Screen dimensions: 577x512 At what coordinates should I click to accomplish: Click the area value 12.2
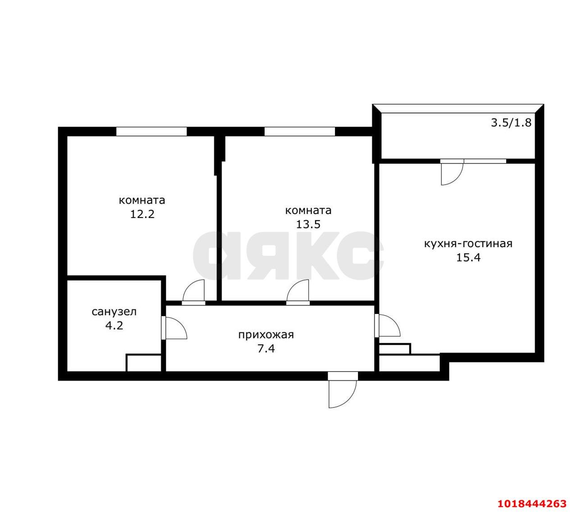pos(142,214)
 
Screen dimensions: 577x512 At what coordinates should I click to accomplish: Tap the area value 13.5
pos(308,224)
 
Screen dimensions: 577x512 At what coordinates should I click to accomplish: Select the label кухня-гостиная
pos(468,244)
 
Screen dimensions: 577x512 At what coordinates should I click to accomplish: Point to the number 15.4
pos(468,257)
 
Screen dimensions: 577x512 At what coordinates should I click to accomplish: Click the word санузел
pos(114,312)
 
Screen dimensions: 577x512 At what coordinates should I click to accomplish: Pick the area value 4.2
pos(114,325)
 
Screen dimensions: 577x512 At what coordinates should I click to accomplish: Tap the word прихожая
pos(266,335)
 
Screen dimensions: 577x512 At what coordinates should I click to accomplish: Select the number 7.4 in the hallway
pos(266,349)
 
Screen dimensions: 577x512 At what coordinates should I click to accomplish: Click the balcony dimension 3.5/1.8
pos(511,122)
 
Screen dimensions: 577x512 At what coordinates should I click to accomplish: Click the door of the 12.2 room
pos(194,292)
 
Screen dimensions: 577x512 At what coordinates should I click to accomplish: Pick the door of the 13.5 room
pos(298,292)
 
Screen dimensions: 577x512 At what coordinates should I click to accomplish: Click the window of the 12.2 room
pos(151,131)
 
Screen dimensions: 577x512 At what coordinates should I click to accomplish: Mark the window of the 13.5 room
pos(300,131)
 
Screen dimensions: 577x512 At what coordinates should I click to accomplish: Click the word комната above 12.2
pos(142,200)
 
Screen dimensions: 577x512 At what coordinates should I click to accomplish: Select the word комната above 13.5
pos(308,211)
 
